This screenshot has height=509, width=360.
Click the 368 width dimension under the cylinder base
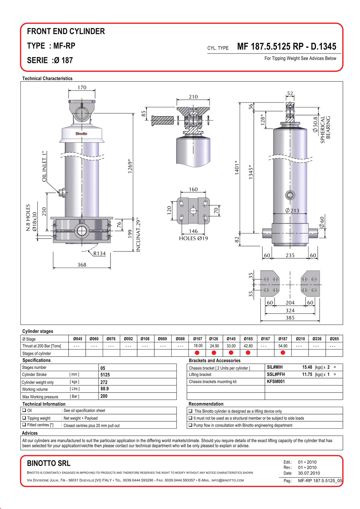tap(82, 265)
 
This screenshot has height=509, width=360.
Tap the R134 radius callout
tap(99, 253)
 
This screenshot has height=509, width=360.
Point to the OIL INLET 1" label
tap(44, 166)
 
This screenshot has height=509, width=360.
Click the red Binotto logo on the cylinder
tap(81, 133)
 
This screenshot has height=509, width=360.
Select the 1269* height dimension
tap(130, 166)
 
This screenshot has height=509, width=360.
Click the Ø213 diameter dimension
tap(292, 210)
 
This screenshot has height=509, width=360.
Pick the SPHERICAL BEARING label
tap(325, 130)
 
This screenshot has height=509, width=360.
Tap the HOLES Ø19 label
tap(193, 238)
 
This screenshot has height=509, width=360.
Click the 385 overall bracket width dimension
tap(290, 318)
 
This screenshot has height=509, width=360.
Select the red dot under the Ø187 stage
tap(283, 353)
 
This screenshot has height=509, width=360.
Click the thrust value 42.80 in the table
tap(248, 346)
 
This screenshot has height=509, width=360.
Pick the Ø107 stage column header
tap(197, 339)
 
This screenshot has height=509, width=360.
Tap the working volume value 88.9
tap(105, 389)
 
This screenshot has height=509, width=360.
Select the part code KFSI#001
tap(276, 382)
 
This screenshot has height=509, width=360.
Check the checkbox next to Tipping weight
tap(24, 418)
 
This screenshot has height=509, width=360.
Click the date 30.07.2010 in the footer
tap(309, 473)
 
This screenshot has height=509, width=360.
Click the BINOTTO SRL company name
tap(49, 463)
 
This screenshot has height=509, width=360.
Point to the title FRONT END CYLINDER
tap(66, 31)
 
